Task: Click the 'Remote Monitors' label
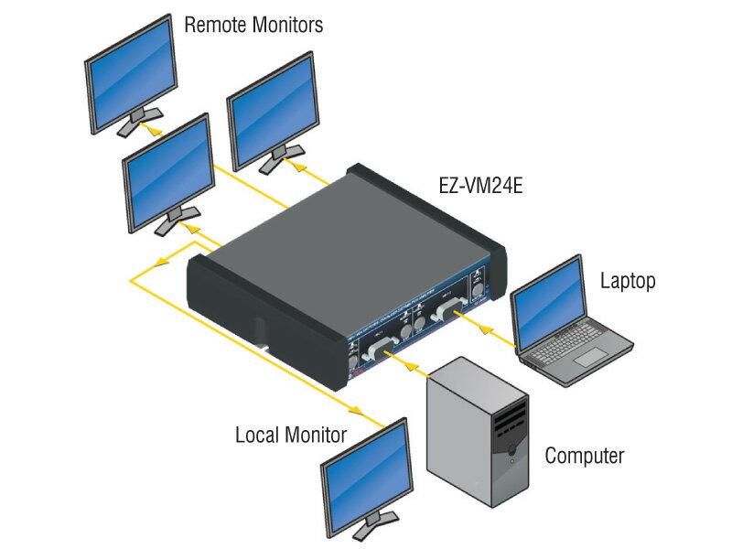click(253, 25)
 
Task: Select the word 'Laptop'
click(628, 281)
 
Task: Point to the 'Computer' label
click(584, 456)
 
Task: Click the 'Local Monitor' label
click(290, 435)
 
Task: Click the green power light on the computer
click(511, 461)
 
